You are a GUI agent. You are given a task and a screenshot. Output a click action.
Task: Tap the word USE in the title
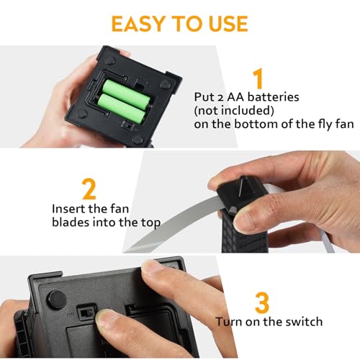226,23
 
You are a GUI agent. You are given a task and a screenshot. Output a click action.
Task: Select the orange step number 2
89,189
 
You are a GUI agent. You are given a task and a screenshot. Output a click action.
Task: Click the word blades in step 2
73,222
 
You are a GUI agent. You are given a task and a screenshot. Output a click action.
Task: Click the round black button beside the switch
54,300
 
